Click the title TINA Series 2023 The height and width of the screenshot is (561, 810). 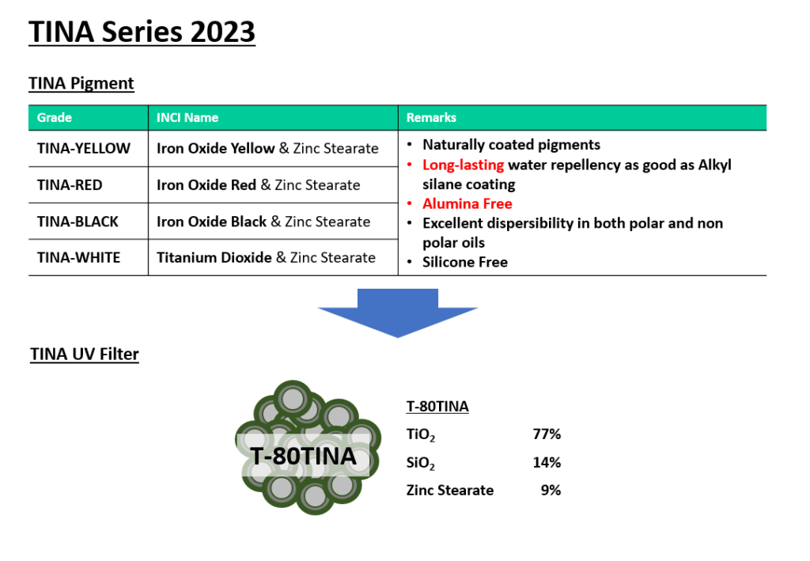[x=142, y=32]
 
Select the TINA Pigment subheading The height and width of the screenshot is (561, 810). [x=81, y=83]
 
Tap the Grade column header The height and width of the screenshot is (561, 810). [x=55, y=118]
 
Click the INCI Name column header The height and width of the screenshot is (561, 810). [x=187, y=118]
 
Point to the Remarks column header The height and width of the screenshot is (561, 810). [x=431, y=118]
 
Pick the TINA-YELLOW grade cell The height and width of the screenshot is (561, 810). [x=84, y=149]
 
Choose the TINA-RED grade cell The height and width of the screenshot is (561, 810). [x=70, y=185]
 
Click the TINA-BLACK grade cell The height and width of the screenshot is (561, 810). [x=78, y=222]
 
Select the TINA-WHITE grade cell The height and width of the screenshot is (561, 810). [x=78, y=257]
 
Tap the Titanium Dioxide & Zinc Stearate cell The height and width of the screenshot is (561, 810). [x=266, y=257]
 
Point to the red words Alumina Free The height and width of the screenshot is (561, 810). [x=467, y=203]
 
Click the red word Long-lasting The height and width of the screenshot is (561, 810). [x=464, y=165]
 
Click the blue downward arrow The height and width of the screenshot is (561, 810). [x=398, y=313]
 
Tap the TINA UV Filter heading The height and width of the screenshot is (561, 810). [x=85, y=354]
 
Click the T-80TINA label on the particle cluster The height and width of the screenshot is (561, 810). [x=303, y=456]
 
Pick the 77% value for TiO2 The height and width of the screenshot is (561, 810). [x=547, y=434]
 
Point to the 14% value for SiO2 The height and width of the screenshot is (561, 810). [x=547, y=462]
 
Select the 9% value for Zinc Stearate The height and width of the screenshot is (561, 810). [x=551, y=491]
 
